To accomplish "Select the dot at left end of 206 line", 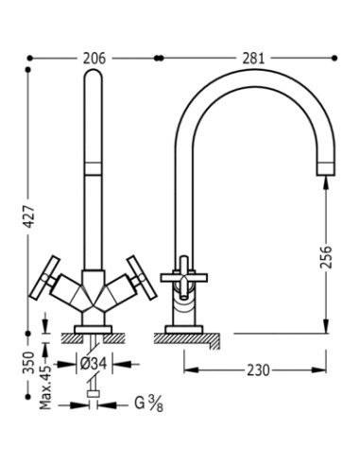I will pos(32,59).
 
